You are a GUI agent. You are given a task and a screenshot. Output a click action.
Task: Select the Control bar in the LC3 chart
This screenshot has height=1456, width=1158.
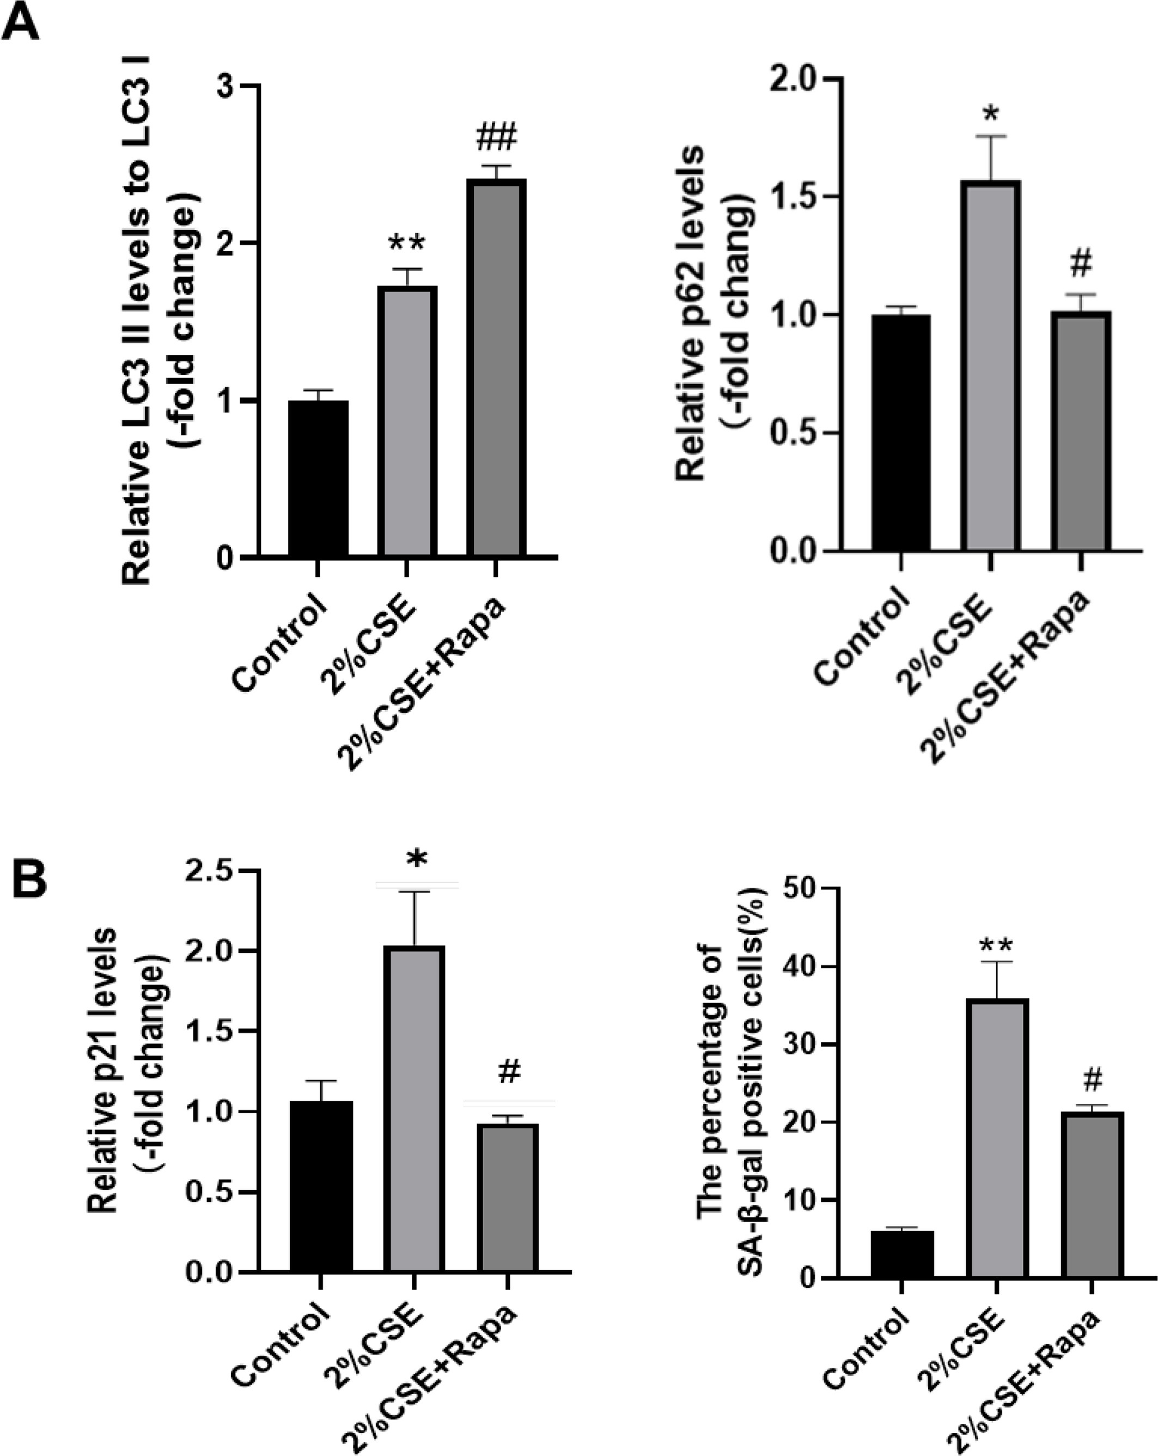(x=318, y=479)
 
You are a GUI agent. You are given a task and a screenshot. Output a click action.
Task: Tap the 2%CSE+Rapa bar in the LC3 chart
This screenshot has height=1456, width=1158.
(x=496, y=368)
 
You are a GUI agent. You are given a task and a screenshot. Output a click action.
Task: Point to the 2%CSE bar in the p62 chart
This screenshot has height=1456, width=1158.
(x=991, y=365)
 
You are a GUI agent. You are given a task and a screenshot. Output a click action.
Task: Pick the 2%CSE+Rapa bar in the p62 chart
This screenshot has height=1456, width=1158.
(x=1081, y=431)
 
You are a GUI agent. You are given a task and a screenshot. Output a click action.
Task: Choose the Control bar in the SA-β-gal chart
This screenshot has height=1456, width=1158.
(x=902, y=1254)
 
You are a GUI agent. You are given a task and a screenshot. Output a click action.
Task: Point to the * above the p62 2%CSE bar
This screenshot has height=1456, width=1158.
(x=991, y=113)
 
